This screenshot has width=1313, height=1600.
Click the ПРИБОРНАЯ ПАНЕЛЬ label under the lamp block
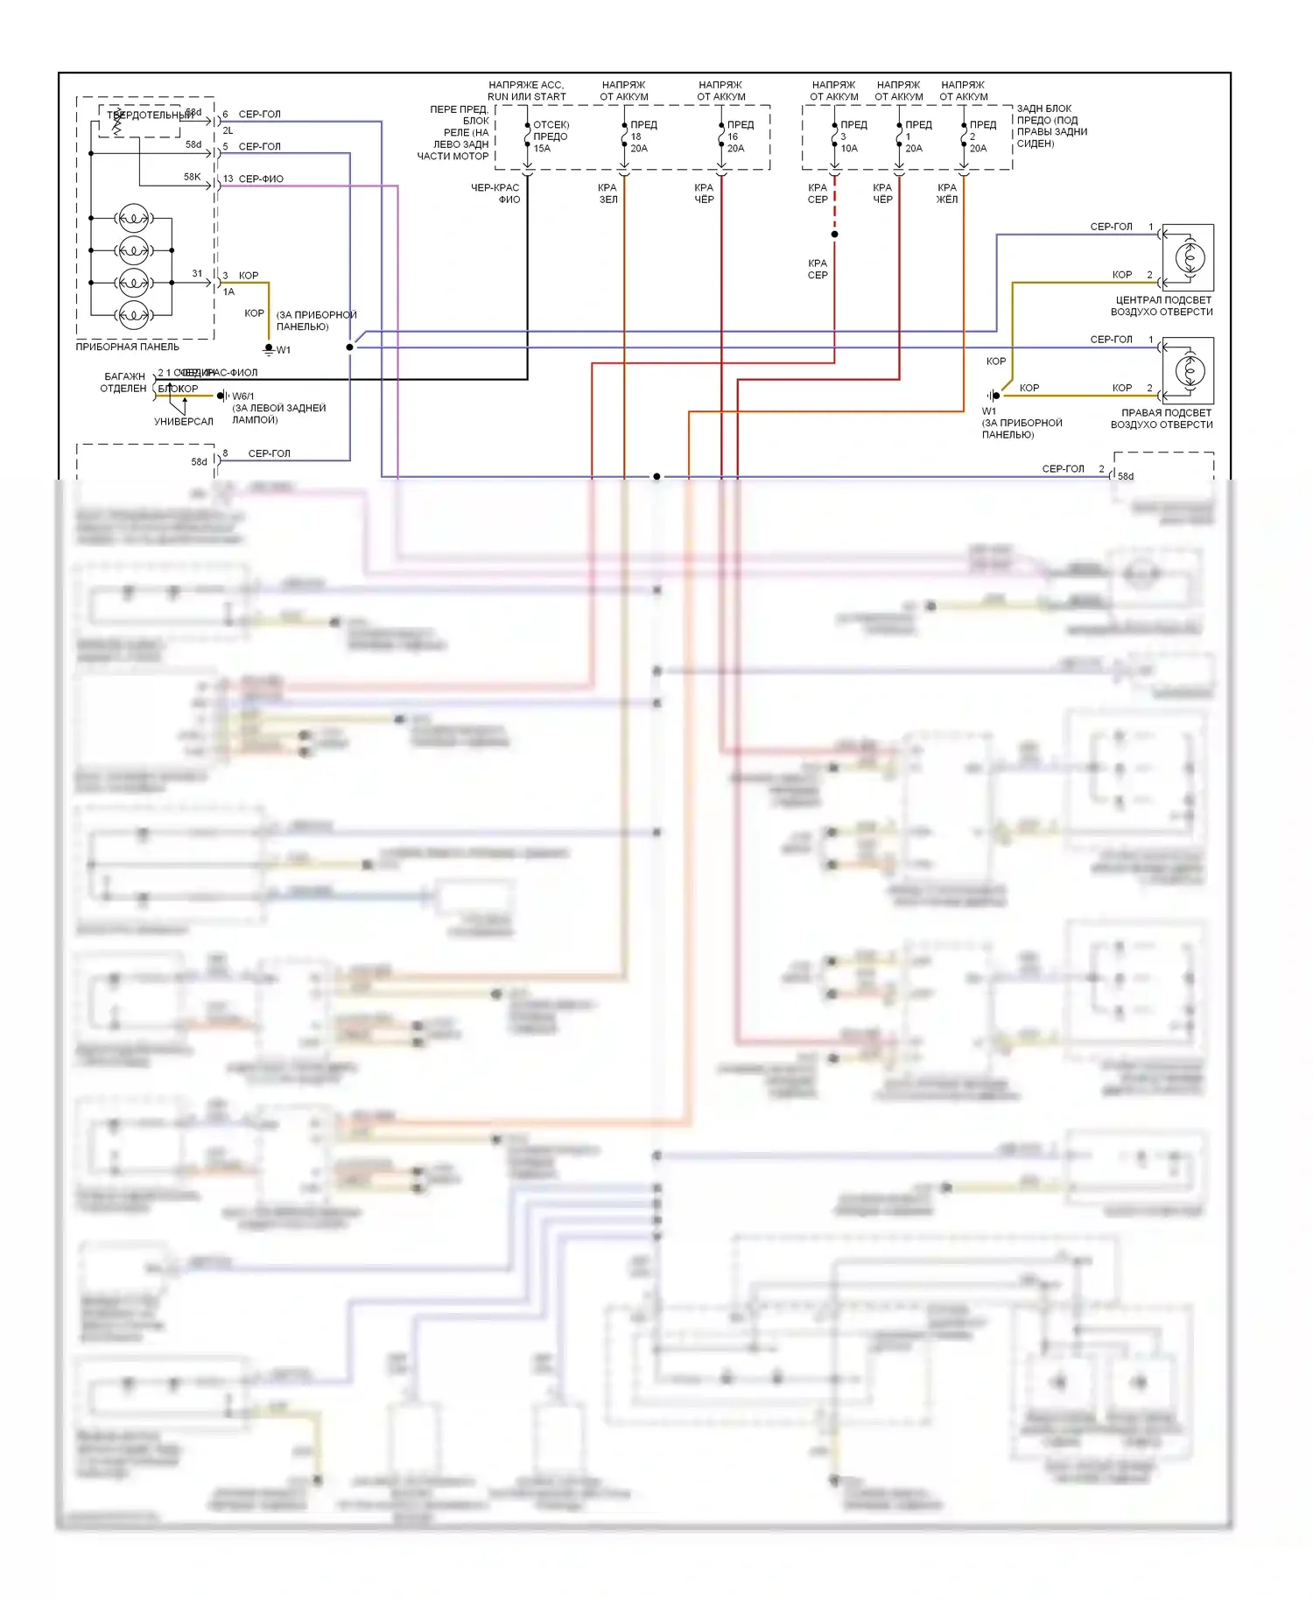coord(127,347)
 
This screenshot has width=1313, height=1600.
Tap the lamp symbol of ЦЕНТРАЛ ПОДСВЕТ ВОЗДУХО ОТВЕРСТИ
coord(1188,257)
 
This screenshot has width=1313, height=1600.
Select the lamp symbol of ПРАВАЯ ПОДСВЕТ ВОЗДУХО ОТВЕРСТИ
coord(1188,370)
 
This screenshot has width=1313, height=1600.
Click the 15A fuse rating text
coord(542,149)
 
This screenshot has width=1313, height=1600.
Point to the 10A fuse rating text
coord(849,149)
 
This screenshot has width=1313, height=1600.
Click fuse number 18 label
coord(635,137)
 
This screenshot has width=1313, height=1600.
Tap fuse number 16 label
coord(733,137)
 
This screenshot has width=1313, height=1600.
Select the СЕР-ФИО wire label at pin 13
coord(261,179)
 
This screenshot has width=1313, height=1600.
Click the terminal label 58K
coord(192,177)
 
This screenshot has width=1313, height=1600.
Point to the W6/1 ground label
coord(243,396)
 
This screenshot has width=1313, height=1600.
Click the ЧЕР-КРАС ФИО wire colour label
coord(495,193)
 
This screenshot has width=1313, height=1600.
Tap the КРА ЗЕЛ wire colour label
coord(607,193)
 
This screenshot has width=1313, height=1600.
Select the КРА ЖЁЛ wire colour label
coord(947,193)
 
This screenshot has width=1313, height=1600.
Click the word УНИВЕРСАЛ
coord(184,422)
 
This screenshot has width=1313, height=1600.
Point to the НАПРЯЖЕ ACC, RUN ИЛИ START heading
coord(526,91)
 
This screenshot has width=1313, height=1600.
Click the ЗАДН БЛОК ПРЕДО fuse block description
coord(1051,126)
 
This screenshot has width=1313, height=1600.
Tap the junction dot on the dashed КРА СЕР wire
coord(834,234)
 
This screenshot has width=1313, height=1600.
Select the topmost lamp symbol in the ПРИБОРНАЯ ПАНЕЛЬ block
coord(133,217)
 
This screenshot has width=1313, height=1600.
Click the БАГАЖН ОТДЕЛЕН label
coord(123,382)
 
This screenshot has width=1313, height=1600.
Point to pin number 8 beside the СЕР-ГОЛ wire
coord(225,453)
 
